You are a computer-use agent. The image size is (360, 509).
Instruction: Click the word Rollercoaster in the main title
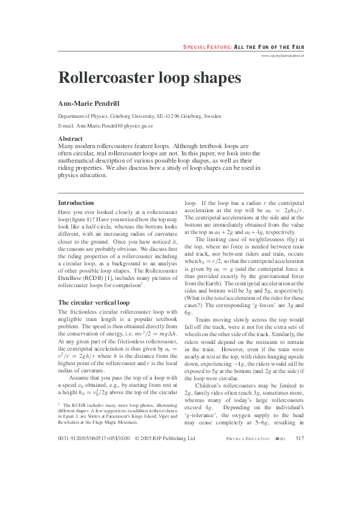click(99, 78)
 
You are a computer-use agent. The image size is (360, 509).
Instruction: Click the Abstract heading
click(70, 139)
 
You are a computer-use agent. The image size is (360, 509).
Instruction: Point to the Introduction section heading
click(76, 203)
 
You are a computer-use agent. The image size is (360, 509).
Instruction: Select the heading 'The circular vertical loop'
click(93, 302)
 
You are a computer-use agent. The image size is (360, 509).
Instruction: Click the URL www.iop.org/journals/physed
click(282, 55)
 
